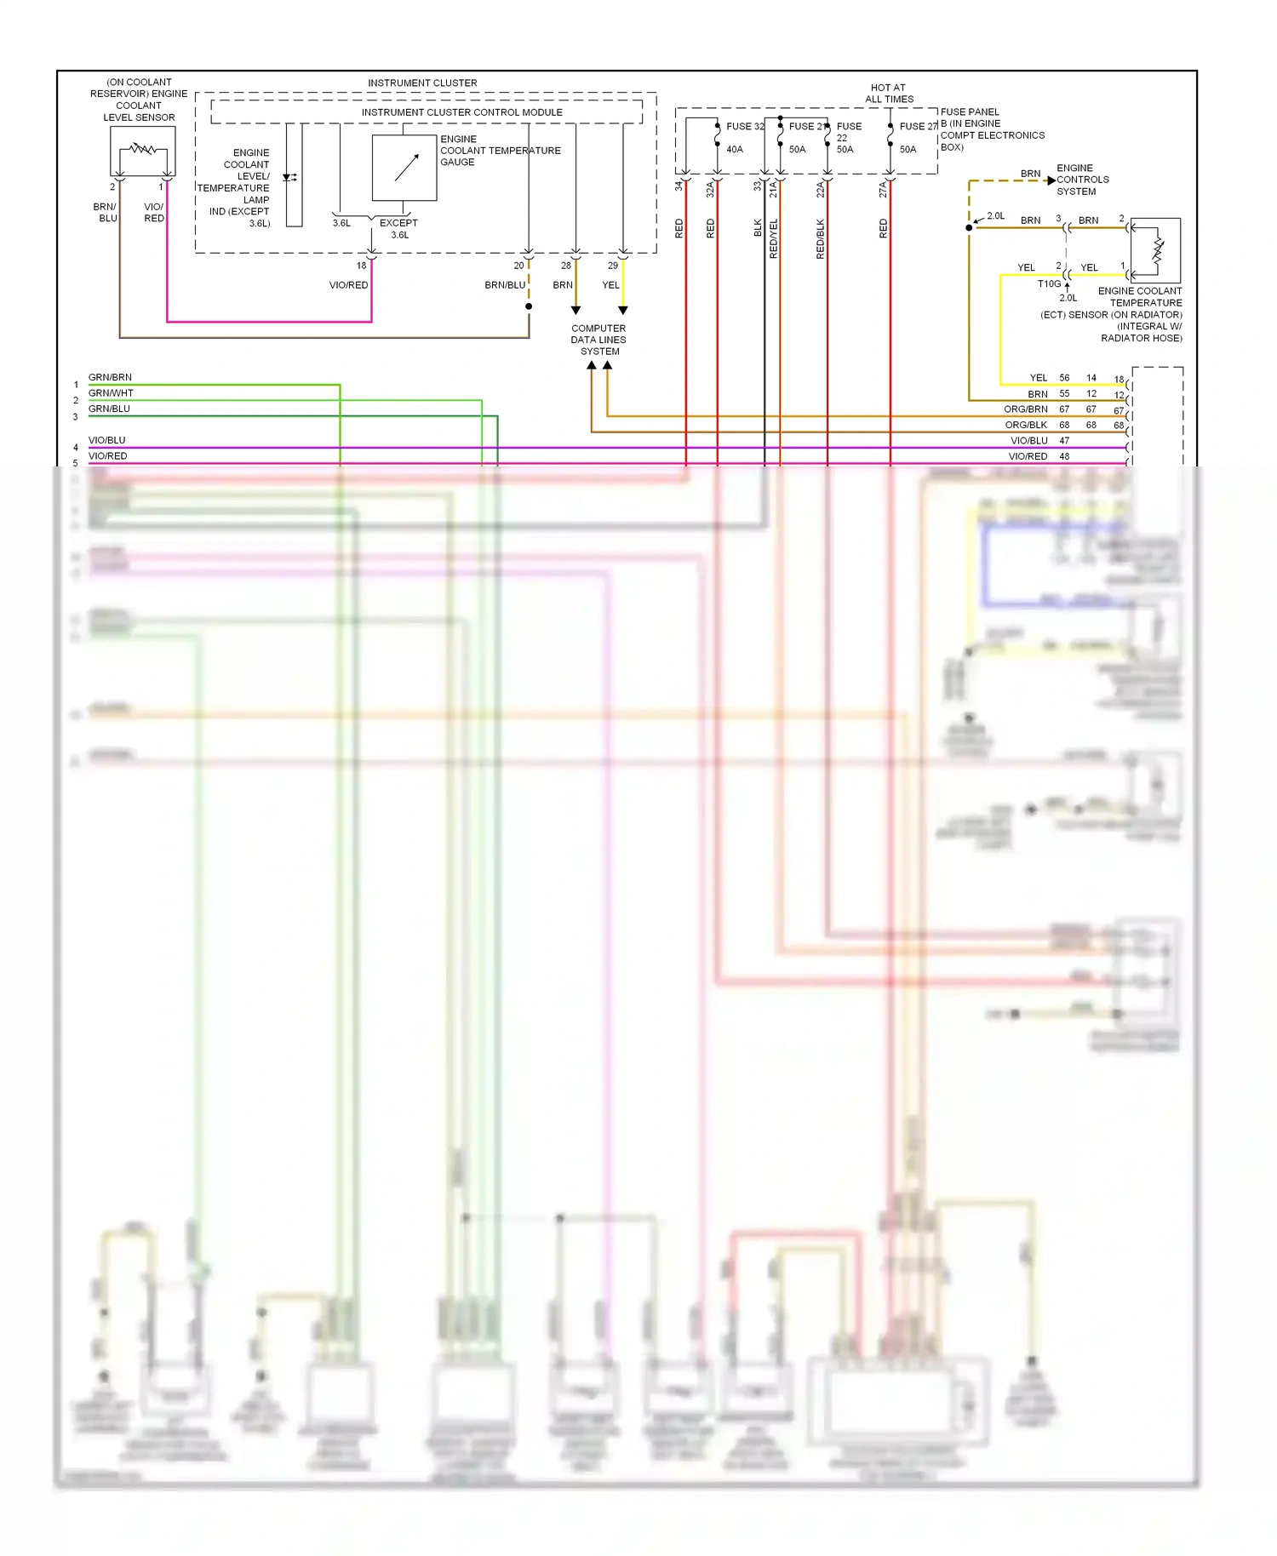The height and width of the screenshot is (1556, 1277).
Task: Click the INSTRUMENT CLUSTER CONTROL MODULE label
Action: pos(461,112)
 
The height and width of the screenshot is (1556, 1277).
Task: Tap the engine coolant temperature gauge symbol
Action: pos(404,168)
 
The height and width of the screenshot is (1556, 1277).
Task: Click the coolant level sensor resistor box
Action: pos(142,151)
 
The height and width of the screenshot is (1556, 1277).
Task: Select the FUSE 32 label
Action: pos(745,126)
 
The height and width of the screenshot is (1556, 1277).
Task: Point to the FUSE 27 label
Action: pos(918,126)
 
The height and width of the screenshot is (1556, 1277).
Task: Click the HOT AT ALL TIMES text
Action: pos(889,94)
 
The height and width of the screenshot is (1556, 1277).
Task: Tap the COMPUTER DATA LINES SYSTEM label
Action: pos(598,340)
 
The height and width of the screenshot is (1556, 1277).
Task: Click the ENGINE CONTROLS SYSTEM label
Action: pos(1082,180)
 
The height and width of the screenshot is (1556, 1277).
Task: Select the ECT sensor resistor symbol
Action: pos(1158,250)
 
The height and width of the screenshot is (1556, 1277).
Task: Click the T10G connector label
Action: pos(1049,284)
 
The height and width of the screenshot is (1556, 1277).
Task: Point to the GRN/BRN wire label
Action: pos(110,377)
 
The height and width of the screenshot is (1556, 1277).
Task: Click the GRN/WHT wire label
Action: pos(111,393)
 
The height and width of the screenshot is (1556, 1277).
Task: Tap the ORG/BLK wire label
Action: pos(1025,425)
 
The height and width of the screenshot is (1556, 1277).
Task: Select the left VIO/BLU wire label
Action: pos(106,440)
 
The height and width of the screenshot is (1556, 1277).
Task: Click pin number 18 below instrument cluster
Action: pos(361,266)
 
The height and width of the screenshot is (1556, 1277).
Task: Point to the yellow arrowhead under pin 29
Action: pos(623,311)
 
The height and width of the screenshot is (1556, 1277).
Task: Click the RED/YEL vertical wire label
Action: pos(774,238)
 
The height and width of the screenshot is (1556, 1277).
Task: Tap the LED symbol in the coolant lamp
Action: pos(289,178)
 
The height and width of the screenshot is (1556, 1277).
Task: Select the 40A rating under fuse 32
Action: pos(734,150)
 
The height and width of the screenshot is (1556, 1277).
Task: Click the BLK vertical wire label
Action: pos(758,227)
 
